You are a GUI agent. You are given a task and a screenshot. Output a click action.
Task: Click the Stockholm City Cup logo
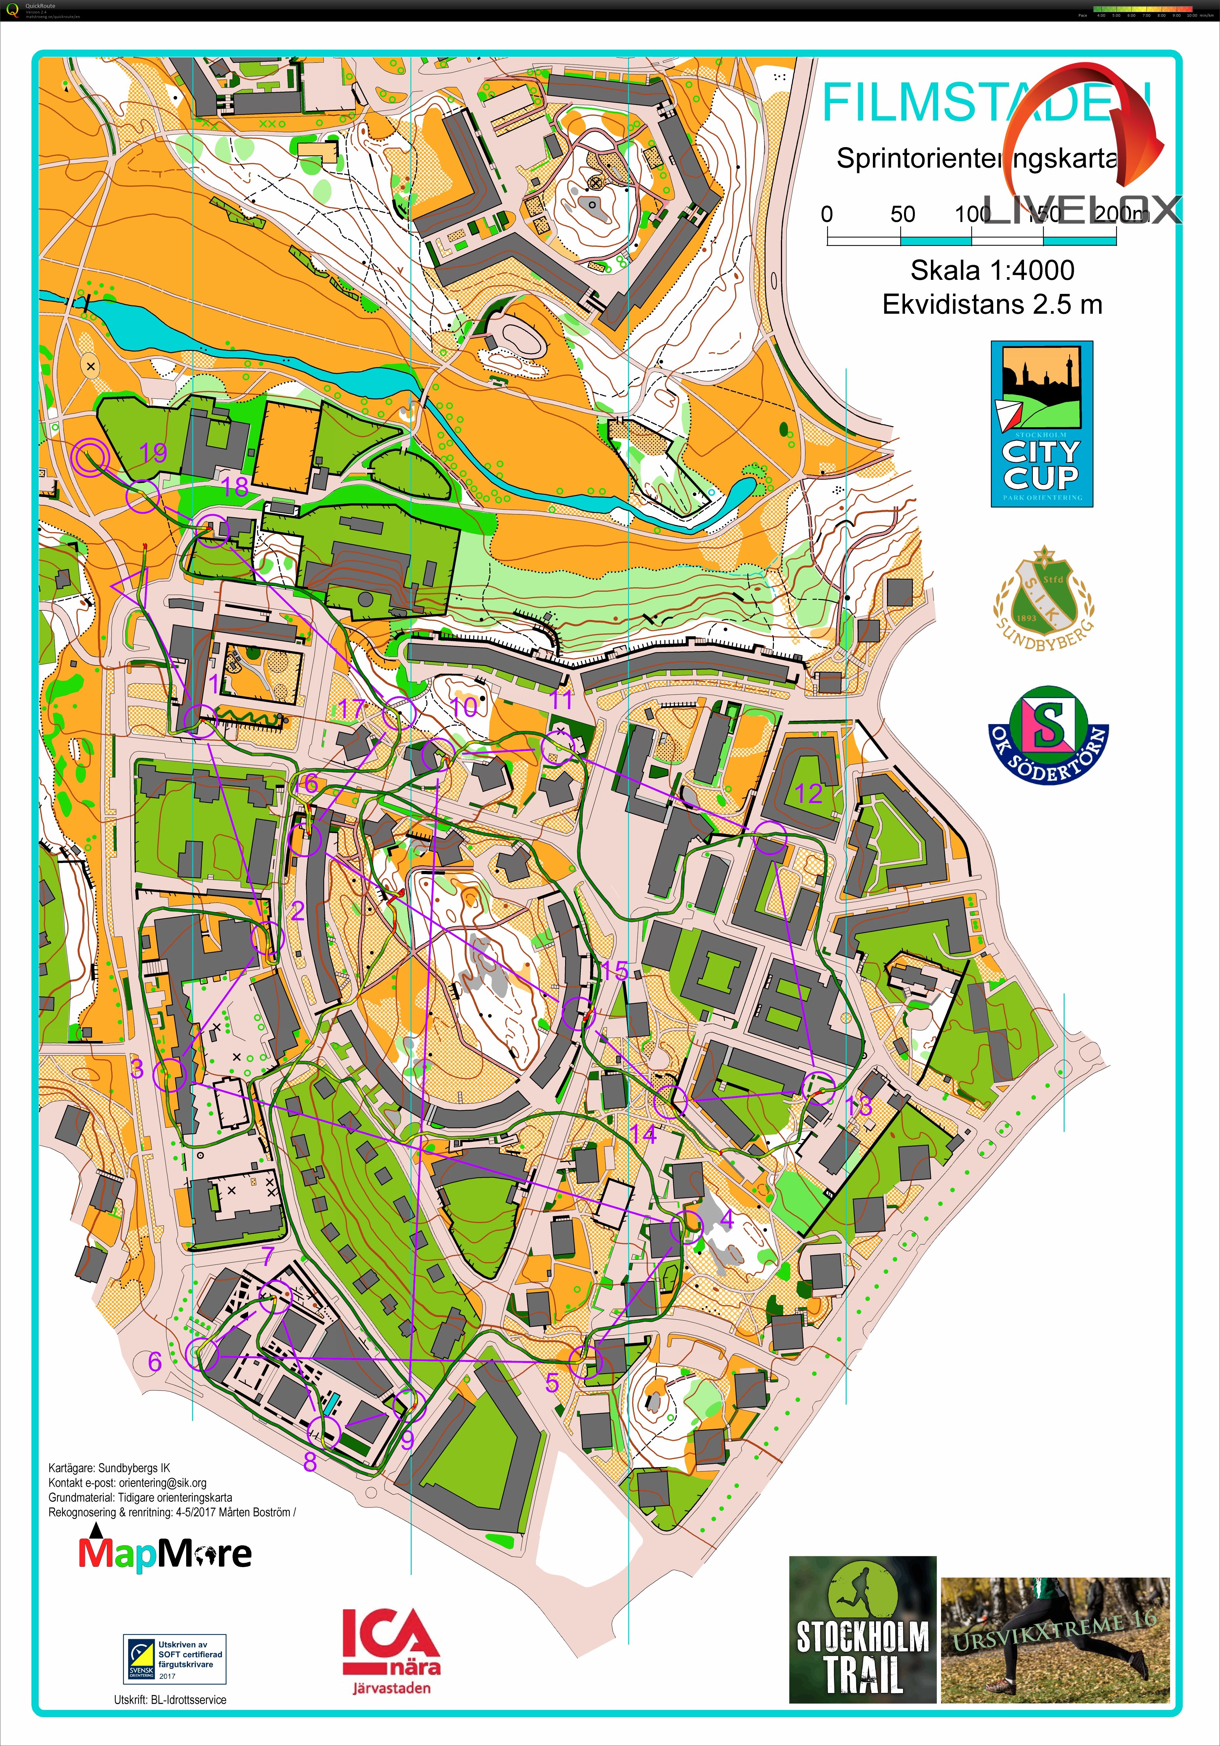point(1041,424)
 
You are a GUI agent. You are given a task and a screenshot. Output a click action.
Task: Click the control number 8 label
point(309,1462)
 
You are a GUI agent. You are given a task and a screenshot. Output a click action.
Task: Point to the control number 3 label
point(137,1068)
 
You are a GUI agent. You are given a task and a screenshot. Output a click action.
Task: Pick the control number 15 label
point(615,970)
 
